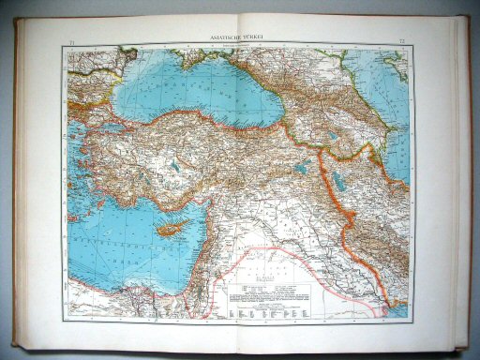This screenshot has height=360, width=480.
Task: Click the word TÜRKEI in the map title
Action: (259, 37)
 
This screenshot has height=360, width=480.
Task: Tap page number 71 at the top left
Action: (73, 44)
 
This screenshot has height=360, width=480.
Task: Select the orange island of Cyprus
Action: (172, 228)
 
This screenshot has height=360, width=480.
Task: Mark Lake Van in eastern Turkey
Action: (303, 169)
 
